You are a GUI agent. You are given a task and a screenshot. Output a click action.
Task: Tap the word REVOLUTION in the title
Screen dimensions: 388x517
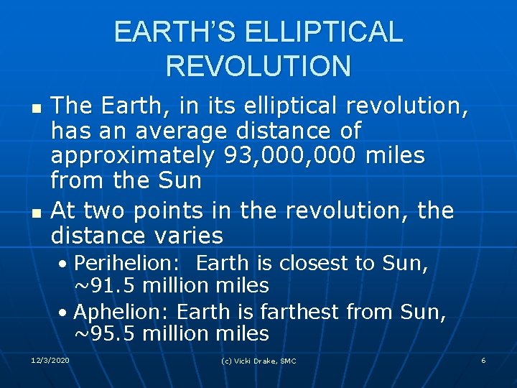click(258, 66)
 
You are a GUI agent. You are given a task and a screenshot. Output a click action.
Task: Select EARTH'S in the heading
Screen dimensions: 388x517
click(175, 32)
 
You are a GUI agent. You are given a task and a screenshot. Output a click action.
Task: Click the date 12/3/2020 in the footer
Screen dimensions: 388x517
click(51, 360)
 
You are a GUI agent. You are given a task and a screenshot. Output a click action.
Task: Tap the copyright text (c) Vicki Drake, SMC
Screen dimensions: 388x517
click(258, 361)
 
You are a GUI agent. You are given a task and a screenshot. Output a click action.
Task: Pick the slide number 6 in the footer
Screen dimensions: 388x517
click(483, 360)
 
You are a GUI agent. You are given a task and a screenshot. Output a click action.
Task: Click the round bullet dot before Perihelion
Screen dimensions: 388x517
click(65, 264)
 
